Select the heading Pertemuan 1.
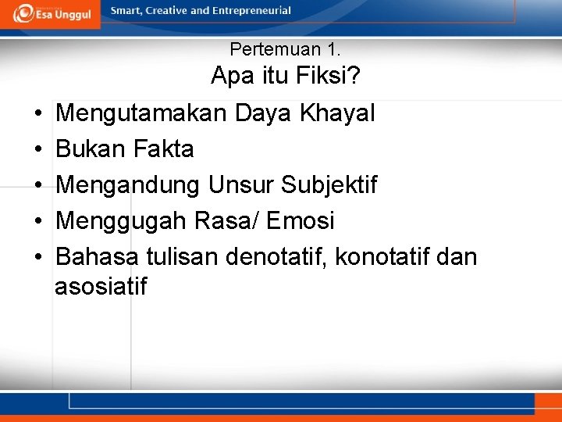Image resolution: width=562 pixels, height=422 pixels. click(x=285, y=49)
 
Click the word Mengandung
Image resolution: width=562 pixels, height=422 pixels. click(x=130, y=185)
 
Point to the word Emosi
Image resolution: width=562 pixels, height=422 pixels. click(x=301, y=221)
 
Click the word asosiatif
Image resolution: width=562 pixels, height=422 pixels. click(x=101, y=286)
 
